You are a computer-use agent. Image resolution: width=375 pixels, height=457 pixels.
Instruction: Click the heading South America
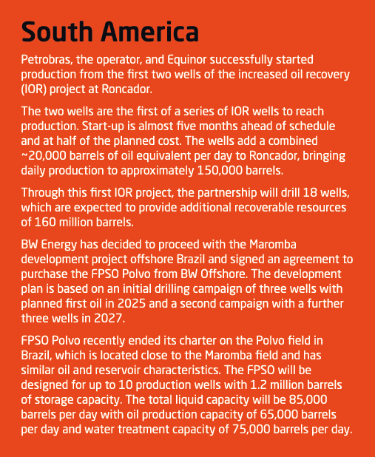pyautogui.click(x=111, y=33)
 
